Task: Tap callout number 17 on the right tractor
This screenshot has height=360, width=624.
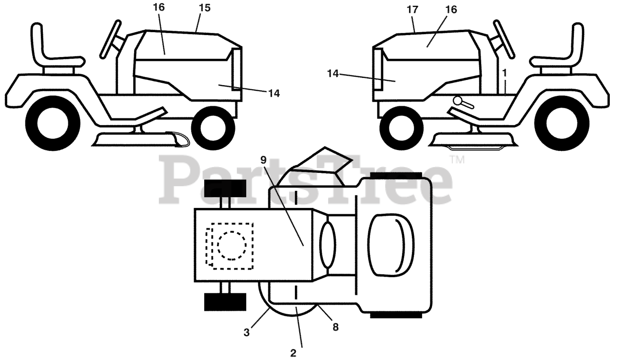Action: coord(413,9)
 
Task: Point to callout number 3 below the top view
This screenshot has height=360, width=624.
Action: coord(247,333)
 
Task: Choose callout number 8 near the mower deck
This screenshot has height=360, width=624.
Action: coord(335,327)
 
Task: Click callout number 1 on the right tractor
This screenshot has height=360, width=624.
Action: coord(505,73)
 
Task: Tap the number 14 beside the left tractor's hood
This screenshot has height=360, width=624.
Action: coord(273,93)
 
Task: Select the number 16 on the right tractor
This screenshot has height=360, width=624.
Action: coord(451,9)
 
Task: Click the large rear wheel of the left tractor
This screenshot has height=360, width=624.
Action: coord(53,123)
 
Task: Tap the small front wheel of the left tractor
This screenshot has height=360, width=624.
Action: coord(213,128)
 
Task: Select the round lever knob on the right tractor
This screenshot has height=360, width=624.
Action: coord(460,100)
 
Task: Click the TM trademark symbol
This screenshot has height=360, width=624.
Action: coord(457,160)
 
